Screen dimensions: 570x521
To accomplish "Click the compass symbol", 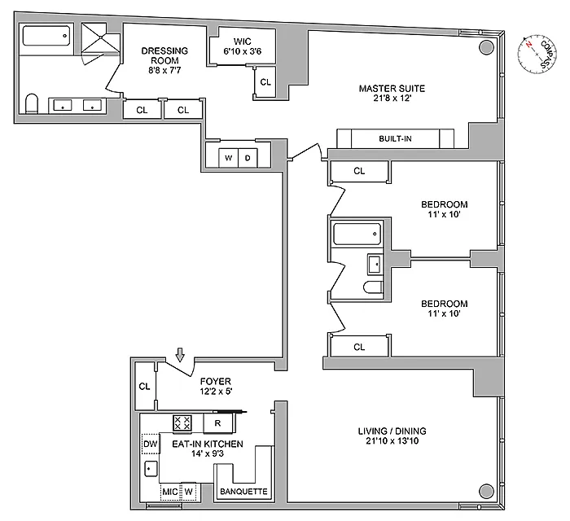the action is tap(537, 55).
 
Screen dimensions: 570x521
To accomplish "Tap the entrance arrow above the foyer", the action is tap(180, 355).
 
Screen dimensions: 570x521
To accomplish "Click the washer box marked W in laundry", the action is tap(228, 158).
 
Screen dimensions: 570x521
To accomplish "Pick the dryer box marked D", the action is tap(248, 158).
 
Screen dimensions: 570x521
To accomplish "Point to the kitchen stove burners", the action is tap(182, 422).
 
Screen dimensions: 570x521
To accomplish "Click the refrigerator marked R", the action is tap(217, 423).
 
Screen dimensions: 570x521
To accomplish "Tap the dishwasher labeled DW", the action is tap(150, 444).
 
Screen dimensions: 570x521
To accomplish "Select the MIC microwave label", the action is tap(169, 492).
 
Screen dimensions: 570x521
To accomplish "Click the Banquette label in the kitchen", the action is tap(243, 492).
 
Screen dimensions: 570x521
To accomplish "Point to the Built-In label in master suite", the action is tap(395, 138).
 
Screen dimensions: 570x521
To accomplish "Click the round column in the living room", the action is tap(486, 491).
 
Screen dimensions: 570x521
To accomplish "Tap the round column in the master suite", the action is tap(486, 47).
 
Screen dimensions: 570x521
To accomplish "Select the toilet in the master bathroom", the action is tap(32, 104).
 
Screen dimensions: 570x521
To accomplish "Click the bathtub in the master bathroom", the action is tap(46, 36).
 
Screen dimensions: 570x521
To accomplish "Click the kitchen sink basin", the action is tap(151, 469).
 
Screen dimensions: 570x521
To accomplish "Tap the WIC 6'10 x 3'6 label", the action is tap(242, 46).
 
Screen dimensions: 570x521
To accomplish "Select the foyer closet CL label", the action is tap(144, 387).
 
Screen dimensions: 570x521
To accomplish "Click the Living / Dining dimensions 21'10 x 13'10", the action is tap(392, 441).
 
